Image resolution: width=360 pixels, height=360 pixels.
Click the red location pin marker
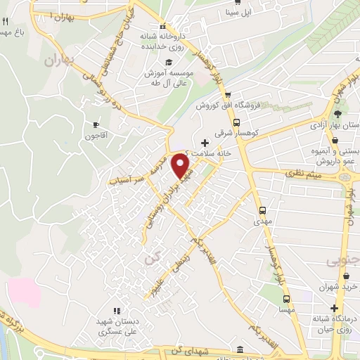pyautogui.click(x=181, y=168)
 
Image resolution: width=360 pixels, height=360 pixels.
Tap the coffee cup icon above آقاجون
pyautogui.click(x=96, y=124)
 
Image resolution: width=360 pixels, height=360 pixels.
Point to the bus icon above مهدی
pyautogui.click(x=262, y=210)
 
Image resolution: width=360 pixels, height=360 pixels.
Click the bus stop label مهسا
pyautogui.click(x=286, y=309)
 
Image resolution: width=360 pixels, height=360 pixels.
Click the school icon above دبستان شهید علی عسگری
pyautogui.click(x=117, y=311)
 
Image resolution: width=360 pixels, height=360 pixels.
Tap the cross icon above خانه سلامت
pyautogui.click(x=205, y=143)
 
